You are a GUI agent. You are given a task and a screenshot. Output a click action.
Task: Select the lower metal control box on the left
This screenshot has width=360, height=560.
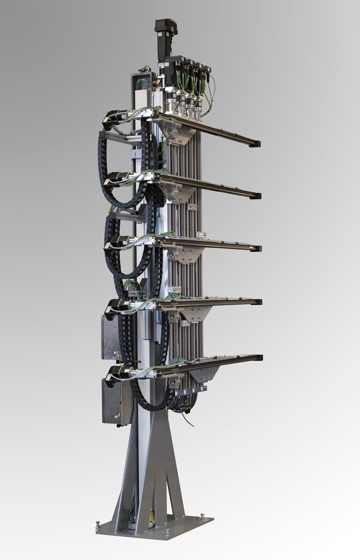[x=111, y=401]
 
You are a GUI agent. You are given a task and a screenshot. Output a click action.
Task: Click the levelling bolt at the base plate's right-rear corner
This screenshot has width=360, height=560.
[x=202, y=517]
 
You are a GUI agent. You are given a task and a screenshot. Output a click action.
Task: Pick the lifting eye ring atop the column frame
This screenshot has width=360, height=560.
[x=146, y=69]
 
